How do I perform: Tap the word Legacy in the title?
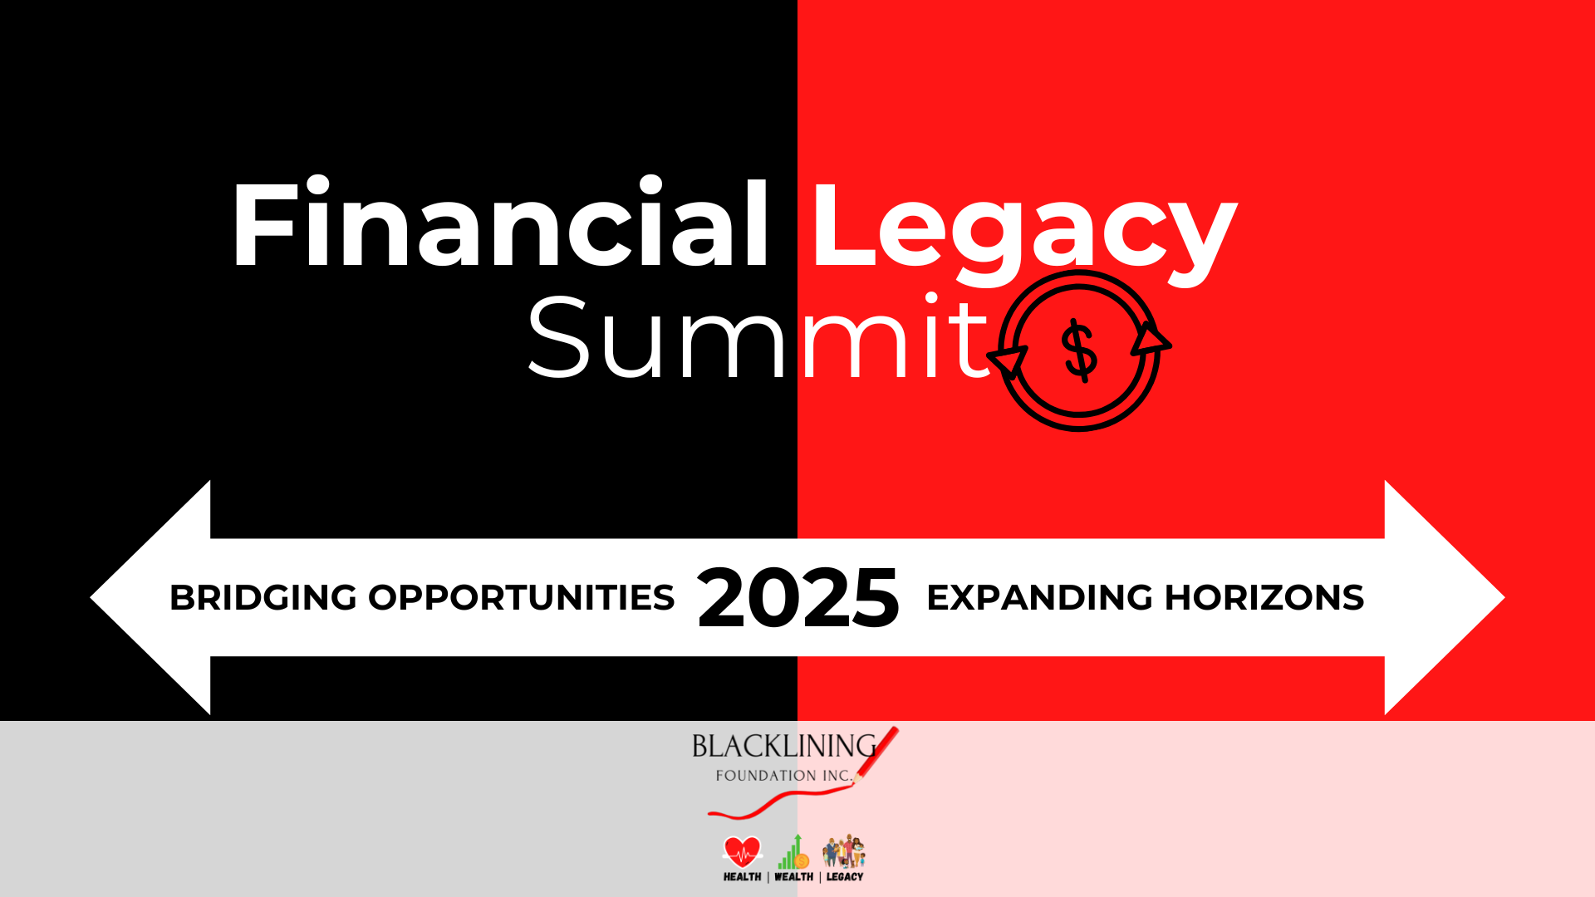pos(1023,228)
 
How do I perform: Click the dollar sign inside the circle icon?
pos(1080,350)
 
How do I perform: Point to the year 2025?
pos(797,598)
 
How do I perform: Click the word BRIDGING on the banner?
pos(263,598)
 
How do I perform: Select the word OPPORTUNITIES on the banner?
pos(521,598)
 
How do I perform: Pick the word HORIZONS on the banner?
pos(1264,598)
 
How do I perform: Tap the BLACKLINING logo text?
pos(783,747)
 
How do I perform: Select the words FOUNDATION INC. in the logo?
pos(783,776)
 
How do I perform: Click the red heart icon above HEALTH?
pos(742,851)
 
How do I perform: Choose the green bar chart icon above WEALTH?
pos(793,852)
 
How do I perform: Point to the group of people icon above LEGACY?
pos(844,851)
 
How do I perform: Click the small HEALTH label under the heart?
pos(742,877)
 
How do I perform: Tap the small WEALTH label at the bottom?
pos(793,877)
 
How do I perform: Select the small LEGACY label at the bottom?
pos(845,877)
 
